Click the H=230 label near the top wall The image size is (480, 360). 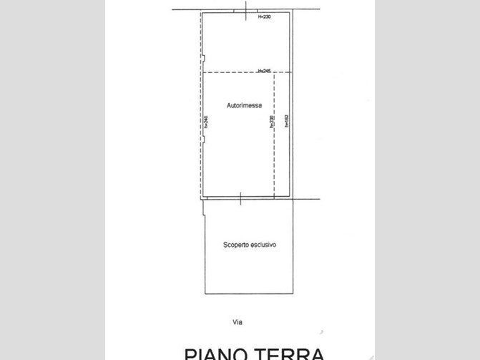click(x=265, y=16)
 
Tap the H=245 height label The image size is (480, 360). click(x=263, y=71)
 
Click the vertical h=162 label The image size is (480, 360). click(x=286, y=121)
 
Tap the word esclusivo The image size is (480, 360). click(x=262, y=245)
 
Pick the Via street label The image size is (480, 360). click(x=237, y=322)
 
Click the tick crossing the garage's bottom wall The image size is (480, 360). click(x=240, y=199)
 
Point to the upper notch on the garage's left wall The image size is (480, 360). click(x=203, y=59)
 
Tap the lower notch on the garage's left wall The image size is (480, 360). click(x=203, y=137)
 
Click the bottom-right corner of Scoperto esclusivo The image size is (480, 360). click(x=293, y=293)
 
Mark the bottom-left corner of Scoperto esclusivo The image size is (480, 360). click(x=205, y=293)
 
